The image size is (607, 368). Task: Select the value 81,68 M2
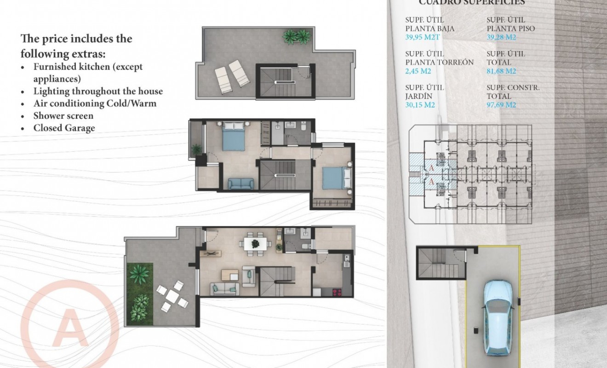501,71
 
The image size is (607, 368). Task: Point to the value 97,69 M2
501,105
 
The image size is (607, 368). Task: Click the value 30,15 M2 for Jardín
420,105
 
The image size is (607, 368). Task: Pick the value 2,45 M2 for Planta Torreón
418,71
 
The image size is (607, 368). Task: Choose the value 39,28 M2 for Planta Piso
501,37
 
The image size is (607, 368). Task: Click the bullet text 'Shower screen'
63,116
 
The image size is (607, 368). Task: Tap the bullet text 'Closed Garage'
64,128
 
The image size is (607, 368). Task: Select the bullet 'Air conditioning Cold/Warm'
95,103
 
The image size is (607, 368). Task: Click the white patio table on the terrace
172,297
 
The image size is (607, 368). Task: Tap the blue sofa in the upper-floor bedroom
241,184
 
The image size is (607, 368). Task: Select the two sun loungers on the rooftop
232,75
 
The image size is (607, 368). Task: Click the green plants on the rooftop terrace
297,37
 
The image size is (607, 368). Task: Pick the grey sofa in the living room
224,289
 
